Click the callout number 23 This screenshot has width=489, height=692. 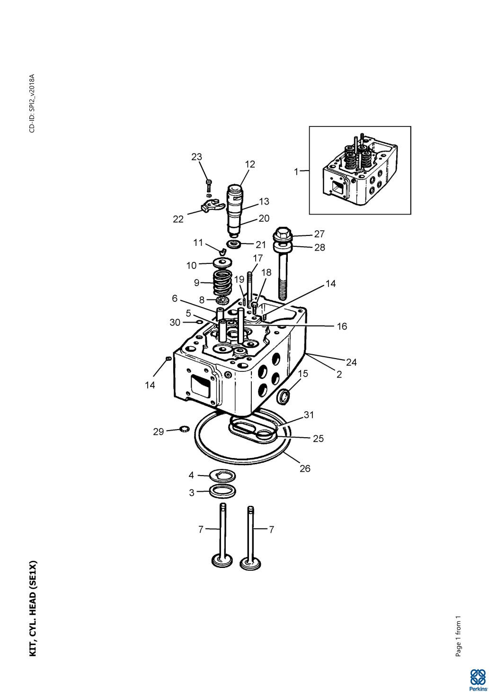196,157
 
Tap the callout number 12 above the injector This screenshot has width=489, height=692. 250,164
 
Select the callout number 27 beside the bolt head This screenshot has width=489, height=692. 320,234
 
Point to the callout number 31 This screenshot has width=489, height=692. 309,415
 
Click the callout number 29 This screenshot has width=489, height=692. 158,431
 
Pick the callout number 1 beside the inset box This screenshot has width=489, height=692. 297,171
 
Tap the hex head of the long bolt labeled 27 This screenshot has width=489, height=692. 282,233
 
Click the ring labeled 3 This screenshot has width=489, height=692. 222,491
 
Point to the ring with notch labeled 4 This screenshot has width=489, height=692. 222,475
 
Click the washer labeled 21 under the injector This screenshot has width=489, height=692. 233,244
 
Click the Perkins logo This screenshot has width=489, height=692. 477,679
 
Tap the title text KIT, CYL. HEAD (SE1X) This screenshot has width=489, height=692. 33,609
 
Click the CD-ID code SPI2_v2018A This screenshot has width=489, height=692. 32,103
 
